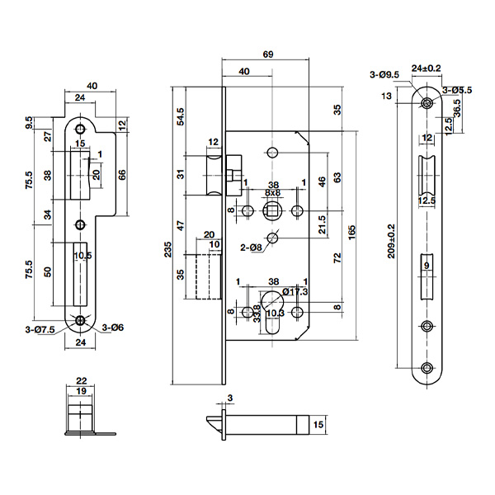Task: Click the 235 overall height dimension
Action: (x=168, y=250)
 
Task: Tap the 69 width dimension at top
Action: (x=268, y=54)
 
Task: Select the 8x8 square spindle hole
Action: (x=271, y=210)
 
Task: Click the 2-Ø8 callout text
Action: (x=251, y=247)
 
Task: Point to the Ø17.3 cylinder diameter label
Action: (x=295, y=292)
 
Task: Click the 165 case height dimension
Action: (x=351, y=233)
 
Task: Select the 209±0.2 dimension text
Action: (x=391, y=241)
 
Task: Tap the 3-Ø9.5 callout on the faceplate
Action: (x=384, y=75)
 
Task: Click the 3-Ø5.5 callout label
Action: (x=457, y=90)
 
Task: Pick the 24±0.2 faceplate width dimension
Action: (x=426, y=68)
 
